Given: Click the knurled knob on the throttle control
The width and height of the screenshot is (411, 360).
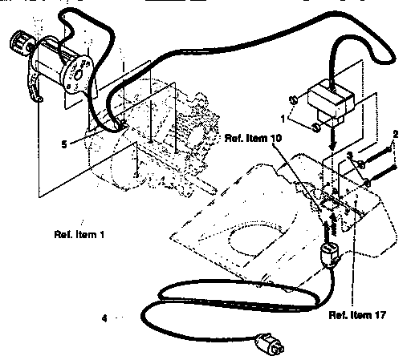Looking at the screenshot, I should [x=20, y=41].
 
